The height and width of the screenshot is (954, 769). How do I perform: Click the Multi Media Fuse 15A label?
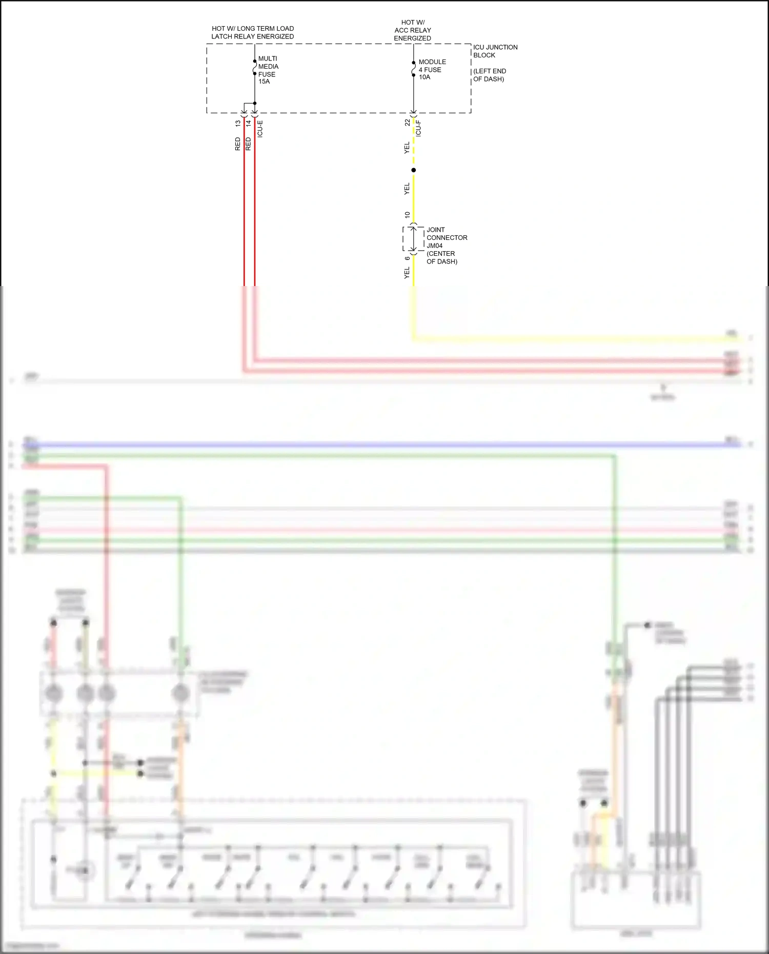click(x=268, y=70)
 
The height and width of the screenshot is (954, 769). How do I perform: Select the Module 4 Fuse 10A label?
click(x=432, y=69)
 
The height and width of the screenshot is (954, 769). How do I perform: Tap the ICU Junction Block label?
click(x=495, y=51)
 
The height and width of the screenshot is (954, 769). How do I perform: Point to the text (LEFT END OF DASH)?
click(x=489, y=75)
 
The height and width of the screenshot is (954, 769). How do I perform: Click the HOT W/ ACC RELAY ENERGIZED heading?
click(x=413, y=30)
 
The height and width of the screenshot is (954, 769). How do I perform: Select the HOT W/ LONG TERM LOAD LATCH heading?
click(x=253, y=32)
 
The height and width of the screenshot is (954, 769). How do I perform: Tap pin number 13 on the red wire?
click(x=238, y=124)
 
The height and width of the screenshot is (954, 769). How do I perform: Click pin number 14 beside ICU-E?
click(x=249, y=124)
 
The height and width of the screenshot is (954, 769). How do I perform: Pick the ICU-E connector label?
click(x=260, y=129)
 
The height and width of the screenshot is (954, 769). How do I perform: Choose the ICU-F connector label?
click(x=418, y=128)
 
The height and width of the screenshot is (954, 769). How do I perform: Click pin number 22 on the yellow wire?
click(x=408, y=123)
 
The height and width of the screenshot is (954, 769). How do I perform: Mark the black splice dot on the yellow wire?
click(x=414, y=170)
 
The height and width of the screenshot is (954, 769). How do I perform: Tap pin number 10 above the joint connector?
click(x=408, y=215)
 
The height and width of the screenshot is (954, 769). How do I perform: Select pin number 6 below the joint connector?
click(x=408, y=258)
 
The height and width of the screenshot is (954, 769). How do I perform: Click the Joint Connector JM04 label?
click(x=447, y=237)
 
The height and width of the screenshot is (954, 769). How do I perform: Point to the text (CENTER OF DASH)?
click(x=441, y=257)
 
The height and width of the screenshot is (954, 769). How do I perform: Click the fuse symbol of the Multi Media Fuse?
click(x=255, y=67)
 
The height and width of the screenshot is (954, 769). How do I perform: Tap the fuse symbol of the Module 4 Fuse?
click(x=414, y=69)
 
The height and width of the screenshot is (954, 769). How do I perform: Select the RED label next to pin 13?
click(x=238, y=144)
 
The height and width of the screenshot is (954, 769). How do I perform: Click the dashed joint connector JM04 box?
click(x=413, y=238)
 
